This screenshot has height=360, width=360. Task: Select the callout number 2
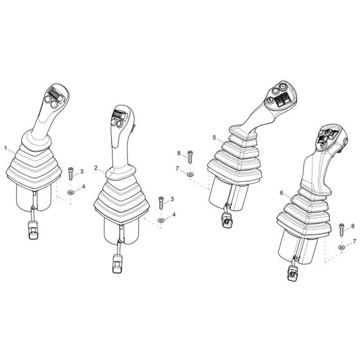coord(96,168)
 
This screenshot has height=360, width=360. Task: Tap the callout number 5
coord(213,138)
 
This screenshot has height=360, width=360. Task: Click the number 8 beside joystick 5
coord(178,153)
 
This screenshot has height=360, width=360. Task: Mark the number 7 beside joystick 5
coord(178,168)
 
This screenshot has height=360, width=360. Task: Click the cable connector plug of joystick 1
coord(30,228)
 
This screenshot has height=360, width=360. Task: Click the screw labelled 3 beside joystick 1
coord(71,173)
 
